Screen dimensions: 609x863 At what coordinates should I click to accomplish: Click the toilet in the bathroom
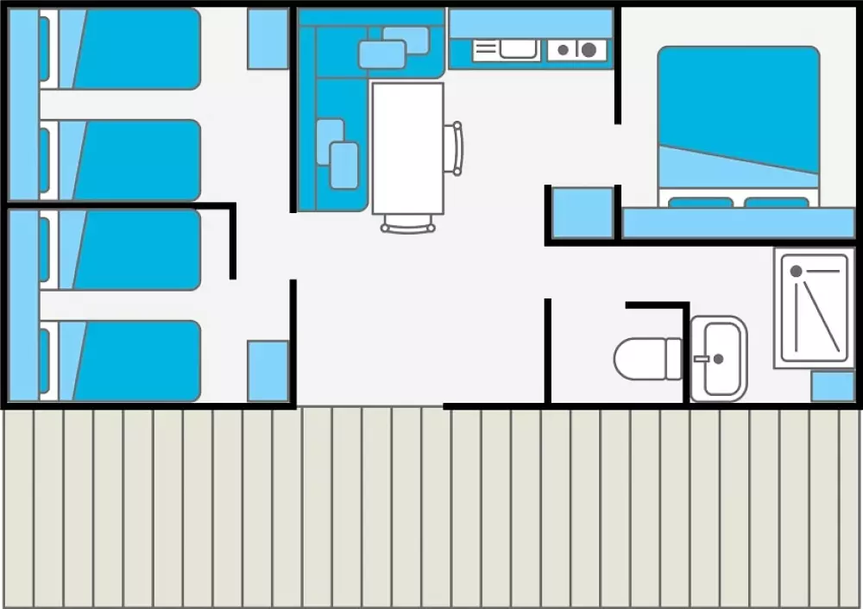click(x=647, y=358)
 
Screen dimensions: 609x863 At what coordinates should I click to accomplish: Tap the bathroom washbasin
click(x=719, y=359)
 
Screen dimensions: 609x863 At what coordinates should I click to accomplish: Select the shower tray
click(x=814, y=308)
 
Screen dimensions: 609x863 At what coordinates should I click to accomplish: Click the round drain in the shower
click(x=796, y=271)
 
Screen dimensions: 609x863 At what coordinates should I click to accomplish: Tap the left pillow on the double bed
click(x=700, y=203)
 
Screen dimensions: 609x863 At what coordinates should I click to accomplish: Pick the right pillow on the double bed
click(x=776, y=203)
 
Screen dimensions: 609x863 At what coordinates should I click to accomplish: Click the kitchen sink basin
click(x=519, y=49)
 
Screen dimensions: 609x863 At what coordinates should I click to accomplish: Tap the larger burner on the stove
click(x=589, y=50)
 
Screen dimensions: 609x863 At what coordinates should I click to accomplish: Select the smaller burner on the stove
click(x=563, y=50)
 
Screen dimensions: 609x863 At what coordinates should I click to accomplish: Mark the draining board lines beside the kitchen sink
click(x=485, y=50)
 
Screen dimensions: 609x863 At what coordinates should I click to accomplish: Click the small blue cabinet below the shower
click(x=833, y=386)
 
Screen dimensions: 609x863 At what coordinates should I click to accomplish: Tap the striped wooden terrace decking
click(x=431, y=509)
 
